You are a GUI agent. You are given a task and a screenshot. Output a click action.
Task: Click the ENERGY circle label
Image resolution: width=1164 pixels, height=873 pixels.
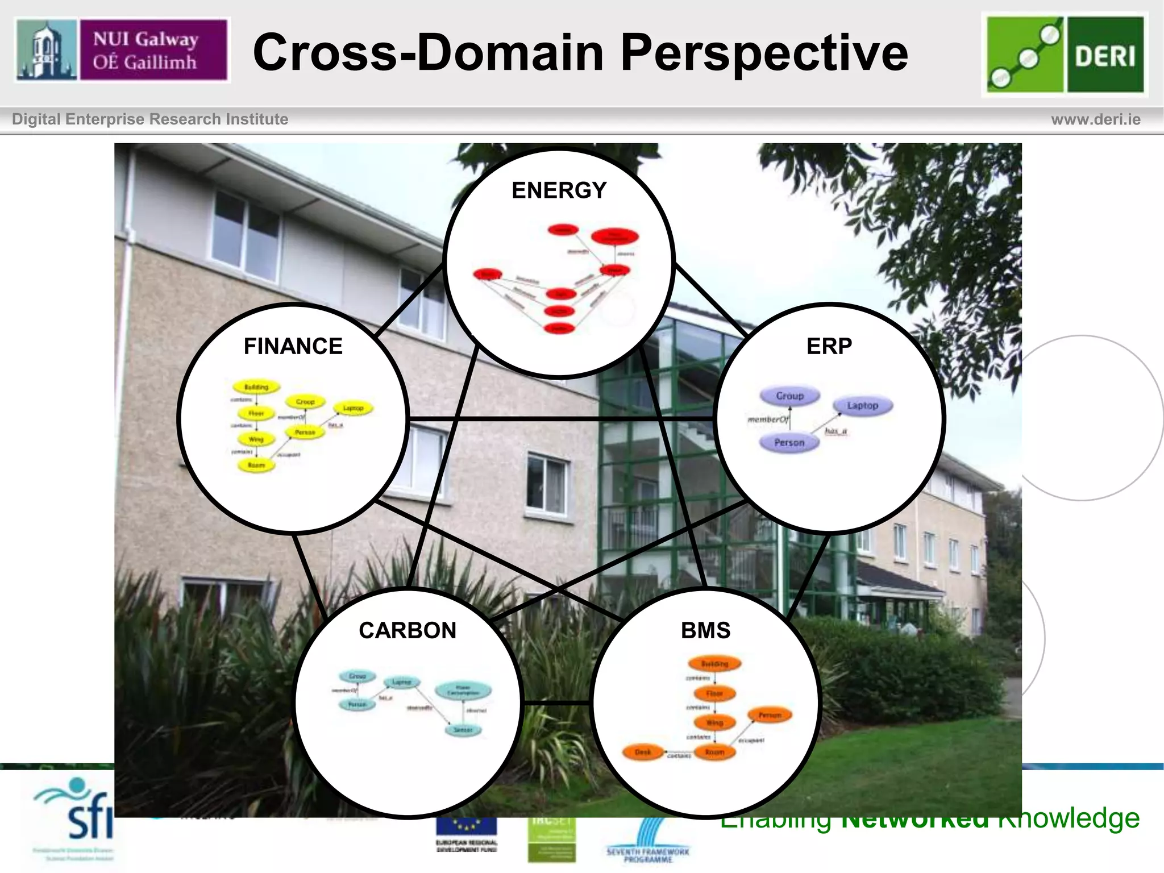tap(559, 190)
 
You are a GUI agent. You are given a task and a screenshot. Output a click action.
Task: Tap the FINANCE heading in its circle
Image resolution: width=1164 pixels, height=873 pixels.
tap(293, 346)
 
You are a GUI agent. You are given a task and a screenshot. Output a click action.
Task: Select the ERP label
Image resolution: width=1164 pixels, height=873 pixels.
tap(829, 346)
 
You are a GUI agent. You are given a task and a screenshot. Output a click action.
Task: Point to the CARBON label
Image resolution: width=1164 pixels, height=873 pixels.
tap(408, 630)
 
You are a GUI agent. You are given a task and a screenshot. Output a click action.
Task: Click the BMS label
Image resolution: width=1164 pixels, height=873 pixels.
tap(705, 630)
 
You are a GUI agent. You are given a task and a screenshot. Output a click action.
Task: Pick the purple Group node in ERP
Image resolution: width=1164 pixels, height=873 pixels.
tap(789, 396)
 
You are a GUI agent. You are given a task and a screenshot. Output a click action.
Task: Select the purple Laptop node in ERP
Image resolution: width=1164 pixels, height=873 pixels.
tap(862, 405)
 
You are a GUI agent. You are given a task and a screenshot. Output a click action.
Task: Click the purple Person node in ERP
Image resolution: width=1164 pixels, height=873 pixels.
tap(789, 442)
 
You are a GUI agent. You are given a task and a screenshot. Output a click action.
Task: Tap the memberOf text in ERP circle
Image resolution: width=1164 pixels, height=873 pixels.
tap(768, 419)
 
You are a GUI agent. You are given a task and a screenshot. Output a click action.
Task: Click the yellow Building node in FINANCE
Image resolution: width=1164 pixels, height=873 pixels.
tap(256, 387)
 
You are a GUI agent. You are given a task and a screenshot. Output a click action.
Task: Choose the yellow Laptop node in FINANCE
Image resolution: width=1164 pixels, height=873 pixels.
tap(353, 408)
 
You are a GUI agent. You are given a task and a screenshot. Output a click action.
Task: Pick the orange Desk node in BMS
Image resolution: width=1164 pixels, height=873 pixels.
tap(643, 752)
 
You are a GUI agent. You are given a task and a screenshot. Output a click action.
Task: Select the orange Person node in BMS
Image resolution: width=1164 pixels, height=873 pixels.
tap(770, 715)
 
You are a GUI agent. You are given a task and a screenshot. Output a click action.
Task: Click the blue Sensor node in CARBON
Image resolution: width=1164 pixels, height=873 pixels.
tap(463, 729)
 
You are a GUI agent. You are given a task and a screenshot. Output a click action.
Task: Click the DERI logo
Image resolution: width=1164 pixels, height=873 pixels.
tap(1065, 55)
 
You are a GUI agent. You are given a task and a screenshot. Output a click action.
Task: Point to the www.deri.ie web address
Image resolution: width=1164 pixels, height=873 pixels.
tap(1095, 119)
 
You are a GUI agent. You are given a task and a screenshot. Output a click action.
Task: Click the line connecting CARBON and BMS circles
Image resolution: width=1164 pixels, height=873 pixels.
tap(556, 704)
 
